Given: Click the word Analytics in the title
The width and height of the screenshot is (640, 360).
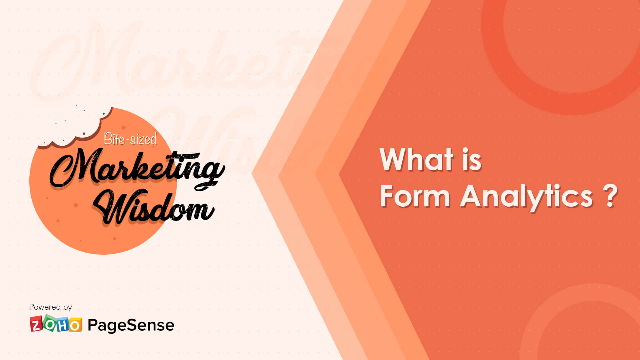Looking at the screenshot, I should coord(526,197).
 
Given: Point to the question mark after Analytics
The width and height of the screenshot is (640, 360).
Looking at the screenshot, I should coord(610,196).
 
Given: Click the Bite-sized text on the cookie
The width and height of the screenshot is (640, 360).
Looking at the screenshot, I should coord(130,139).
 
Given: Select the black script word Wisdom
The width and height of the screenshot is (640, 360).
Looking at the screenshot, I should coord(153,208).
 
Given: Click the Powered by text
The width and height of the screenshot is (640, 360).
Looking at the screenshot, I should coord(50,307).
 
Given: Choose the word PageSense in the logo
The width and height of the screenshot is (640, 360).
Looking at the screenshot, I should coord(131,325).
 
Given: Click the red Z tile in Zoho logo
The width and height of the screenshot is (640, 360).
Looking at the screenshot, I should coord(36,324).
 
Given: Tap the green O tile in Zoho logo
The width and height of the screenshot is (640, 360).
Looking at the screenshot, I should coord(50,323).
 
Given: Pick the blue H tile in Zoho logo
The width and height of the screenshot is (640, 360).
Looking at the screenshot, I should coord(63,325).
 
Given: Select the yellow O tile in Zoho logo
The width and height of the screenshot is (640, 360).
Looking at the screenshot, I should coord(75,325).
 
